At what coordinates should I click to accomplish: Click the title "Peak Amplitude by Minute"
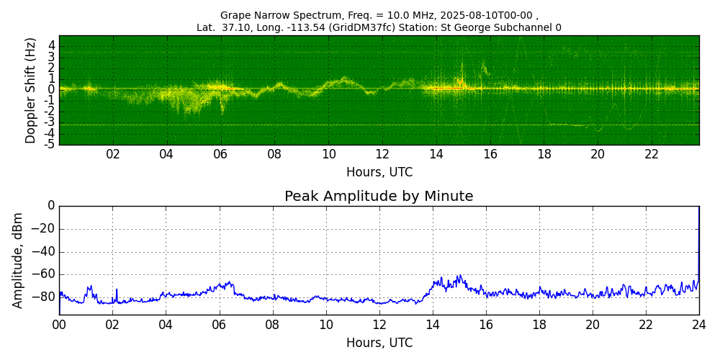point(379,196)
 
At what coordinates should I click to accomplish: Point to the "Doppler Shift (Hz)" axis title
point(30,90)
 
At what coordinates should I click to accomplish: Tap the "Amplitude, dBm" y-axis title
point(17,261)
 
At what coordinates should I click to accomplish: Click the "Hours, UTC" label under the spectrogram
point(379,172)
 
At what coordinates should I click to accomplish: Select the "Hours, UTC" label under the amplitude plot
point(379,343)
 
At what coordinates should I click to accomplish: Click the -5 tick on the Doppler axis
point(50,144)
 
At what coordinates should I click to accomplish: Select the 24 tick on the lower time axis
point(699,325)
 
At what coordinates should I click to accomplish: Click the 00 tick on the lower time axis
point(59,325)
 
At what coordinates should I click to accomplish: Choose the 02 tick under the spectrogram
point(113,154)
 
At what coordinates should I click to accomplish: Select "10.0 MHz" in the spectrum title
point(411,14)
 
